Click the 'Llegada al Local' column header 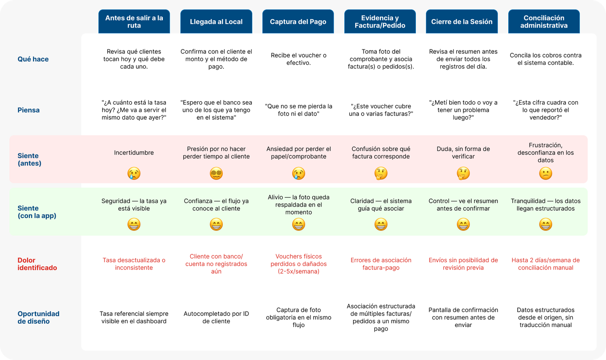coord(216,22)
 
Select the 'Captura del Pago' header coord(298,22)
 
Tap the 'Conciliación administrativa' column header coord(544,22)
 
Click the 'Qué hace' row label coord(33,59)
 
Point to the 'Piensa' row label coord(28,110)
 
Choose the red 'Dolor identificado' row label coord(37,264)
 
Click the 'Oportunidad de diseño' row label coord(38,318)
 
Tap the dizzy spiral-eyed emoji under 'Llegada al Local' coord(216,173)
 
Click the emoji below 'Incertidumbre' coord(134,173)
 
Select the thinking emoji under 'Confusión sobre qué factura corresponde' coord(381,173)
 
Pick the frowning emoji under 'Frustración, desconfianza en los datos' coord(546,173)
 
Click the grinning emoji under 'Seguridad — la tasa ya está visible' coord(134,224)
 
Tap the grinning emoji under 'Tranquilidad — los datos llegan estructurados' coord(546,224)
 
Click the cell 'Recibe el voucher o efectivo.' coord(299,59)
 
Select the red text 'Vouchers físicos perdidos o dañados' coord(299,260)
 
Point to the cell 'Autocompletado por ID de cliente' coord(216,318)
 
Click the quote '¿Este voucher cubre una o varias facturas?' coord(381,110)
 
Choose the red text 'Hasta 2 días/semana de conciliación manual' coord(546,264)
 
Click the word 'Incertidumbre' coord(134,153)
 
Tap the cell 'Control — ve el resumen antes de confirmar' coord(463,205)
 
